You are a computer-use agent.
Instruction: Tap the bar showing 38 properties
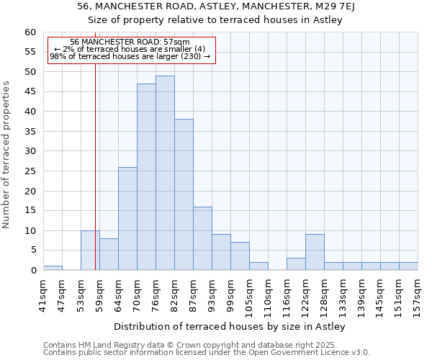(x=184, y=194)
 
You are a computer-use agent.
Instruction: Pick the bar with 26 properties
(x=127, y=219)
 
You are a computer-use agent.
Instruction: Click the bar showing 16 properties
(x=202, y=238)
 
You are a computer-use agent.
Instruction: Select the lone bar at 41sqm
(x=53, y=268)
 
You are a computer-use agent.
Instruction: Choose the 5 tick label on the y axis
(x=32, y=251)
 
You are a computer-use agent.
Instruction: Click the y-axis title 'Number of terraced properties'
(x=7, y=154)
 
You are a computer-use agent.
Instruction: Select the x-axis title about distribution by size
(x=230, y=327)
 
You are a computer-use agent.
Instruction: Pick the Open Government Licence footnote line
(x=207, y=353)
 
